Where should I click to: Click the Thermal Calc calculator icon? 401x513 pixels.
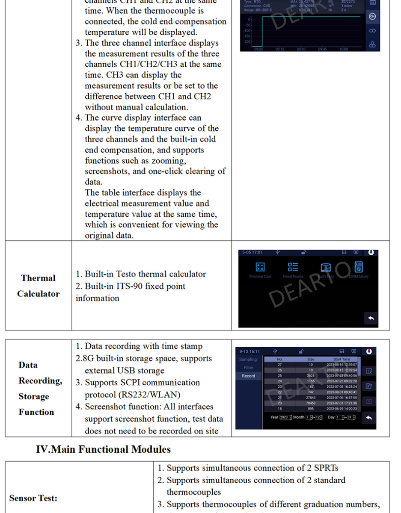260,267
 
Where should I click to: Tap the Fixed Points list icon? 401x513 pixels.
293,267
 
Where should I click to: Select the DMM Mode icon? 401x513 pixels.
359,267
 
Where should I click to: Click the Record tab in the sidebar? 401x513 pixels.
248,376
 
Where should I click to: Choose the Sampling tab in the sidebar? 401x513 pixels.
248,360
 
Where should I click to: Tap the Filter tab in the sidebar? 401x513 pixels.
248,368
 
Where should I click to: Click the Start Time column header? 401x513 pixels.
342,360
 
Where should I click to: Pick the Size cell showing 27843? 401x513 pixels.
311,398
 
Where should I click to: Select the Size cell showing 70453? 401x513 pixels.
311,403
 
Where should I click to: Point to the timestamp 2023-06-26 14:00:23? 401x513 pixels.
342,408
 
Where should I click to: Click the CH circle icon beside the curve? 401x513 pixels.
372,17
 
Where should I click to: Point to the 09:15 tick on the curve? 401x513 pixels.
280,49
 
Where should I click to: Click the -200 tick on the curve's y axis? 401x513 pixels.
247,42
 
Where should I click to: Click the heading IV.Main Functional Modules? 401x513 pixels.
103,449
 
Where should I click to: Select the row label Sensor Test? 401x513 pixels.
33,498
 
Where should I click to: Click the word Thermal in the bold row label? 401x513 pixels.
38,278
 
